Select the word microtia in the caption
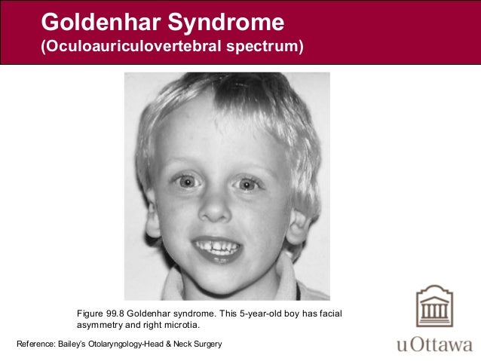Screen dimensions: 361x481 pos(182,326)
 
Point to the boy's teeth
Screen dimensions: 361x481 pos(217,247)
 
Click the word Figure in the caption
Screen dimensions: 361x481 pos(90,313)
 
